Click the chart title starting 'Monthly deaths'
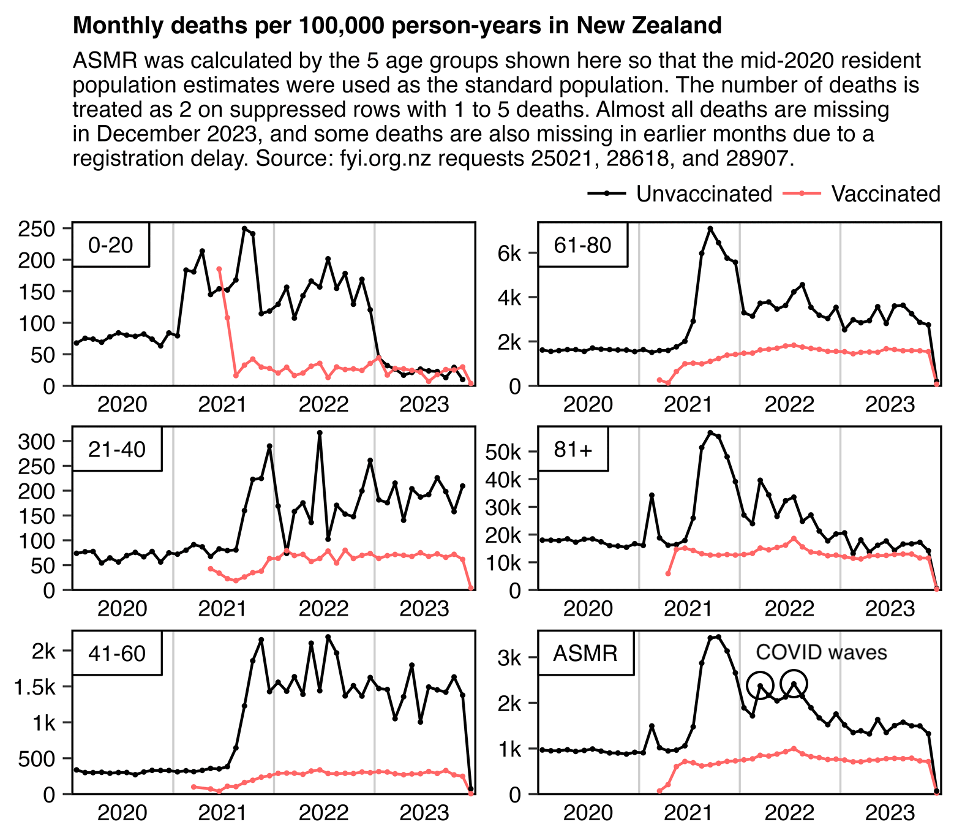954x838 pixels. (397, 26)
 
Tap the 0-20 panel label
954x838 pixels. (111, 245)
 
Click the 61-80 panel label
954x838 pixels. (582, 245)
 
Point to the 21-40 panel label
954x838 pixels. (117, 449)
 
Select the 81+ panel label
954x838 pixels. (573, 449)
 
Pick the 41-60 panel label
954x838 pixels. (117, 653)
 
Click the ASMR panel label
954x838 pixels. (585, 653)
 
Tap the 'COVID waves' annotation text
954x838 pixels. (821, 652)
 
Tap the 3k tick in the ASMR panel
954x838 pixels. (510, 659)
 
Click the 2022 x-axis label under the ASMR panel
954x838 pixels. (789, 813)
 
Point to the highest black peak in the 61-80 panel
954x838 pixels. (710, 228)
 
